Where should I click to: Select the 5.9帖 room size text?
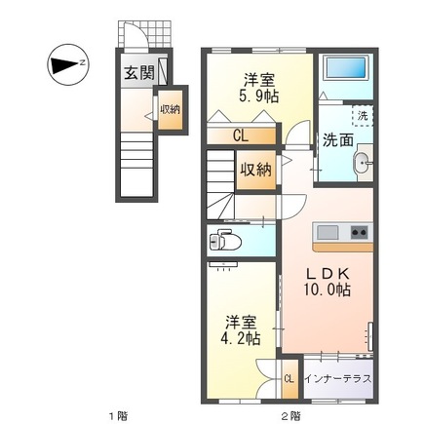257,96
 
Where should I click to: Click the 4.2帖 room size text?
238,338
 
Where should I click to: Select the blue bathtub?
346,70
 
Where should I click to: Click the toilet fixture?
224,239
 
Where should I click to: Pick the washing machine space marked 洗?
362,116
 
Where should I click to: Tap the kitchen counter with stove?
341,233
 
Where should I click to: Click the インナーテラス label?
337,378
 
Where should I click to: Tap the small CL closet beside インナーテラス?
289,378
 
